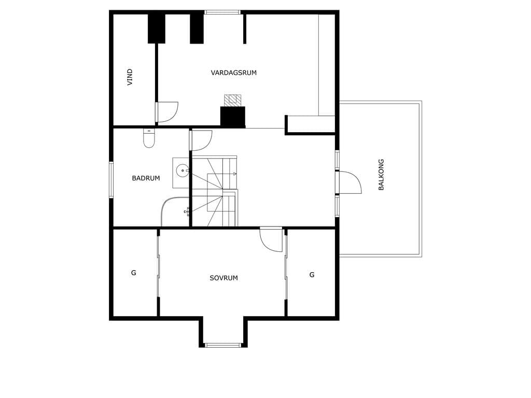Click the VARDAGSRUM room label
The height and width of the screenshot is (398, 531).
click(234, 73)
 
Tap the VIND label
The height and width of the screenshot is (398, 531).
click(130, 77)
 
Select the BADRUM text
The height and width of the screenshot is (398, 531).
click(146, 178)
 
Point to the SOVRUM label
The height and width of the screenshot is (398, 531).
click(224, 278)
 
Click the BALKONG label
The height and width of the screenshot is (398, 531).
click(381, 175)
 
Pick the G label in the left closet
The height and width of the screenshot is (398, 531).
click(133, 273)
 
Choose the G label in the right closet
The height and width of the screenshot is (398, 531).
click(312, 275)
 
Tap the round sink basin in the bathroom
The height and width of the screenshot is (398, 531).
click(183, 170)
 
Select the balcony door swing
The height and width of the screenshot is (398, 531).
click(350, 182)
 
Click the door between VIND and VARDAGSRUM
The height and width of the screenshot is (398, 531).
click(167, 112)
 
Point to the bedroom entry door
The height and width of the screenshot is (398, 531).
click(271, 240)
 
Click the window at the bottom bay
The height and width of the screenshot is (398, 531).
click(223, 345)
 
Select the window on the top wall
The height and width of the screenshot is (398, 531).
click(222, 12)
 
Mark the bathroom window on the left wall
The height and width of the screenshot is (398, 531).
click(111, 180)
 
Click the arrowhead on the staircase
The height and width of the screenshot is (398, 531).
click(235, 174)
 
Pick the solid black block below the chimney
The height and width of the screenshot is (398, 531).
click(233, 117)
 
